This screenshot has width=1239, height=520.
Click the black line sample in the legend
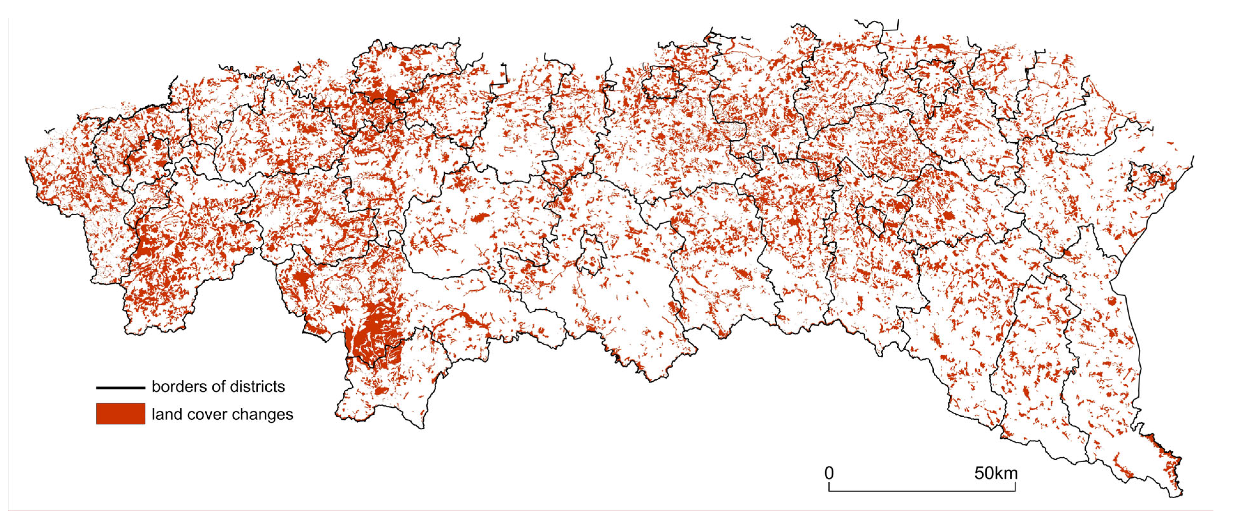pos(120,387)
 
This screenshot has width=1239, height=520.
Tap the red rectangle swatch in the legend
pos(120,414)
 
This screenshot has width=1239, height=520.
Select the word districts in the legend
pos(257,386)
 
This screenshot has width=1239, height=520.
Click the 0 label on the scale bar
pos(829,473)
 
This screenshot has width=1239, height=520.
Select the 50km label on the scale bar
pos(996,473)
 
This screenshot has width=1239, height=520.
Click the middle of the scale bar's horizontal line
pos(922,491)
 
